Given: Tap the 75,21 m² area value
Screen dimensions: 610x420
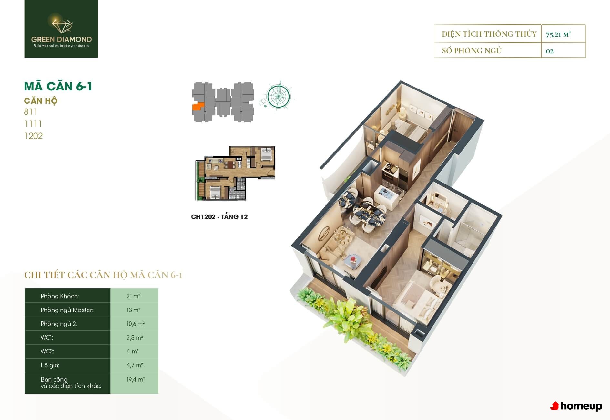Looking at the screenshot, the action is point(558,34).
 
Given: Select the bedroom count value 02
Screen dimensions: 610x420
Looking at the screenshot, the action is point(549,51).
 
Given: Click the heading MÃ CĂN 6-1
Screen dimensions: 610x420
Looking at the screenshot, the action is point(58,86).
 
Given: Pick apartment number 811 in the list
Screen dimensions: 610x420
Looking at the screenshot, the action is point(30,112).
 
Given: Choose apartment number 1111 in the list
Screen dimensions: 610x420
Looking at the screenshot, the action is point(33,124).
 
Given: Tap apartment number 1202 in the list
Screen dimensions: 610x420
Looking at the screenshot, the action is point(33,136).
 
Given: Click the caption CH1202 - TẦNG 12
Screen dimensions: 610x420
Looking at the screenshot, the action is point(219,217).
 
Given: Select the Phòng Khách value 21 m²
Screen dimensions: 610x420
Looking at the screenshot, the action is point(133,296).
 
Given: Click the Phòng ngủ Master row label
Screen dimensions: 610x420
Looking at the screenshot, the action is point(67,310).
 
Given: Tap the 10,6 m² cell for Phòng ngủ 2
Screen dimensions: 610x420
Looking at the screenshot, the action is point(135,324).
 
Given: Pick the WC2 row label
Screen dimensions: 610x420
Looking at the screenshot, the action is point(47,351).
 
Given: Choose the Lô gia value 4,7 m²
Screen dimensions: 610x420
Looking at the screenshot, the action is point(135,365).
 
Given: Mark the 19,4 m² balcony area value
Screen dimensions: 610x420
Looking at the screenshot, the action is point(136,380).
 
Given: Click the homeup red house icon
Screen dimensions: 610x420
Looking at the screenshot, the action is point(554,406).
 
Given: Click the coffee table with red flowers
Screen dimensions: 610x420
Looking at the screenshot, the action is point(352,261).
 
